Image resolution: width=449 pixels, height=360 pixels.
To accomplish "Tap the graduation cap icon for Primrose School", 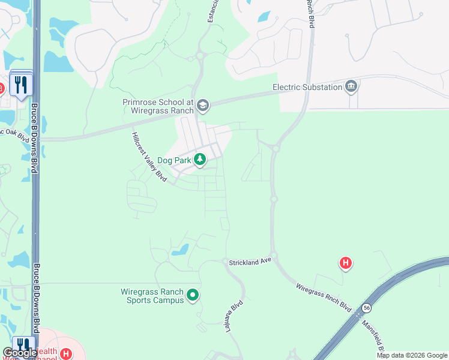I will pyautogui.click(x=203, y=106).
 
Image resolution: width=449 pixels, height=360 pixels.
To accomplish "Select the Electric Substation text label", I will pyautogui.click(x=307, y=87).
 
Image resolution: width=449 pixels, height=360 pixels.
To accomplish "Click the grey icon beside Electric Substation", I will pyautogui.click(x=351, y=87).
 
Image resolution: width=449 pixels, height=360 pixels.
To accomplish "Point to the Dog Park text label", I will pyautogui.click(x=174, y=160).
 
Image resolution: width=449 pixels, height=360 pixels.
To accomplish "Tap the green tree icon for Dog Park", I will pyautogui.click(x=200, y=160).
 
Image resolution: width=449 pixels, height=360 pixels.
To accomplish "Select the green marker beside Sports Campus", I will pyautogui.click(x=193, y=295).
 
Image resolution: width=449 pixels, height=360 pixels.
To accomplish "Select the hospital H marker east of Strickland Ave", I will pyautogui.click(x=345, y=262).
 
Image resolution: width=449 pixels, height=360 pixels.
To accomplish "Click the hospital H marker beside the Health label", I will pyautogui.click(x=66, y=353).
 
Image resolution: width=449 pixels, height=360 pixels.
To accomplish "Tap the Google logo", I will pyautogui.click(x=20, y=353).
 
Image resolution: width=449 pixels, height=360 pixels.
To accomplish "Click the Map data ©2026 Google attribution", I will pyautogui.click(x=412, y=355).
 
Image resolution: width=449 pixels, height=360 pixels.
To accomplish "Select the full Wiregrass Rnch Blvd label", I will pyautogui.click(x=324, y=297).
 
